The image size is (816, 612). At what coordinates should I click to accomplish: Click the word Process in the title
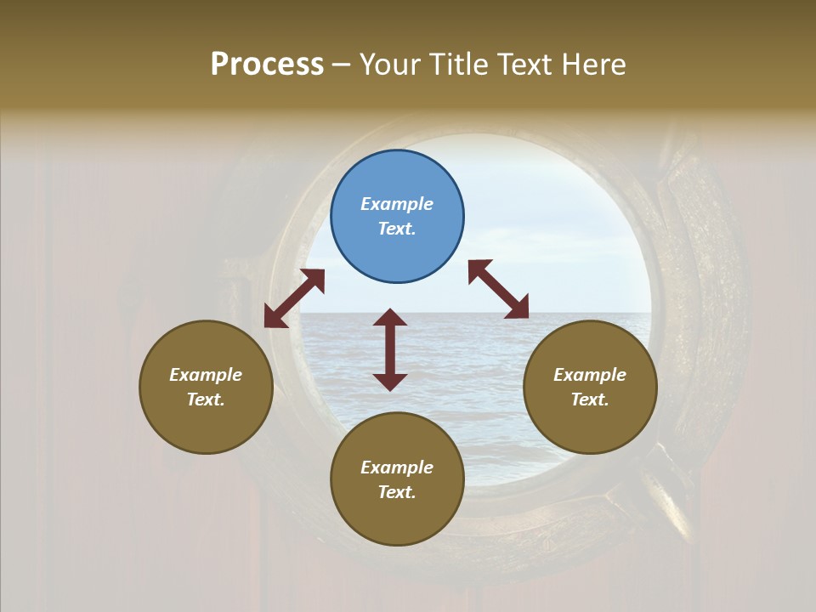267,65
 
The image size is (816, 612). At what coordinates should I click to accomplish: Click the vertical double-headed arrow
390,349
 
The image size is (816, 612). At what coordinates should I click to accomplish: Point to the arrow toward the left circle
294,298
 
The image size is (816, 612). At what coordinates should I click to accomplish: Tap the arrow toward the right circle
498,289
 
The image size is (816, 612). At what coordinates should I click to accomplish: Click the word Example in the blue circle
397,204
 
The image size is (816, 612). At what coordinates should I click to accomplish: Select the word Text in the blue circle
395,229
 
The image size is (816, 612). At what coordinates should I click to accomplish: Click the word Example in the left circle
206,375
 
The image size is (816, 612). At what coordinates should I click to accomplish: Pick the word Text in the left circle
204,399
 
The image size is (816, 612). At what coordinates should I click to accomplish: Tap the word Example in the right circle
590,375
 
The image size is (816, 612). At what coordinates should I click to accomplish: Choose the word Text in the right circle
588,399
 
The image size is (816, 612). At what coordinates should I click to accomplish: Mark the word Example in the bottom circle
397,467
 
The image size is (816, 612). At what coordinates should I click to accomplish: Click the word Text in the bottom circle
395,492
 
